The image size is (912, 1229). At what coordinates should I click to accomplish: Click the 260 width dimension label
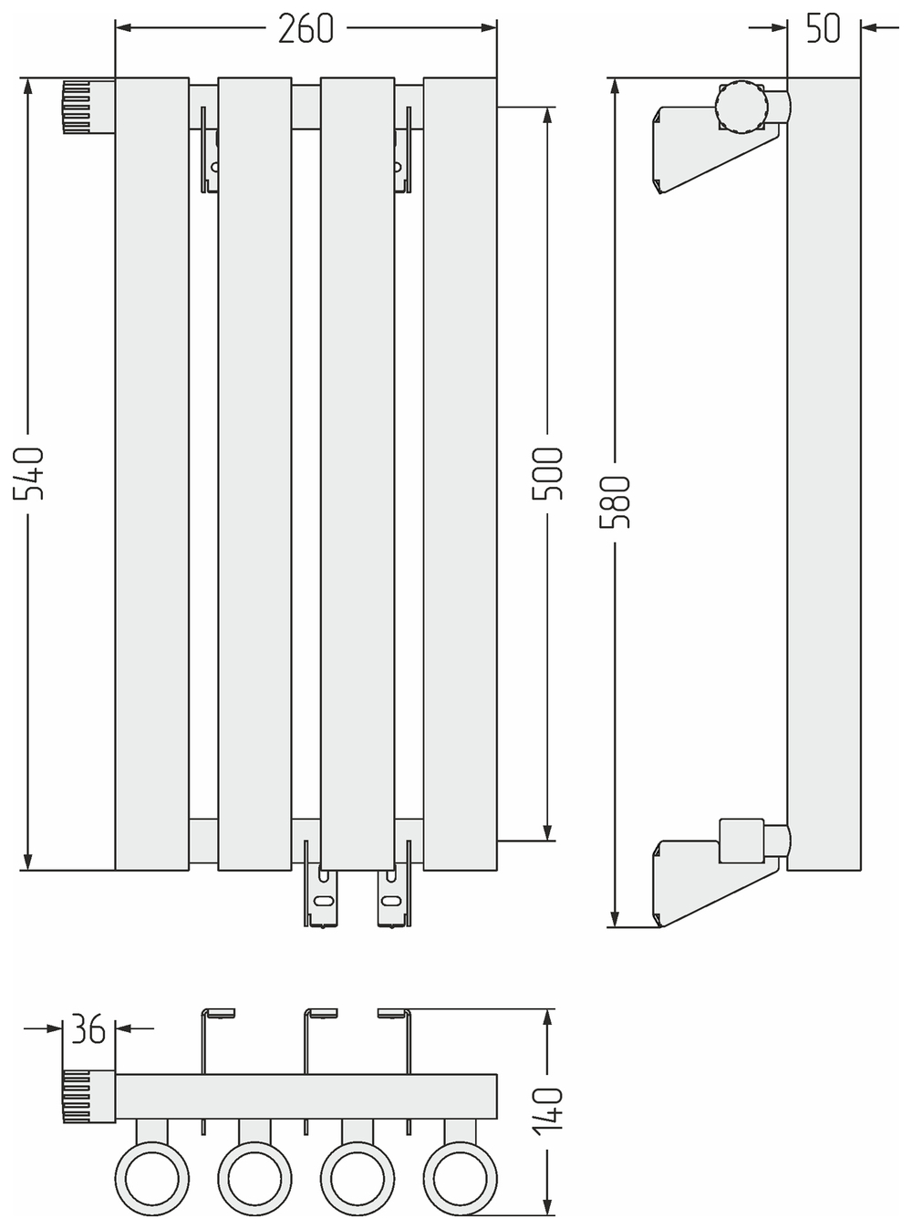(x=306, y=29)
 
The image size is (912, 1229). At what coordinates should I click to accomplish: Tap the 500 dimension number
(x=548, y=473)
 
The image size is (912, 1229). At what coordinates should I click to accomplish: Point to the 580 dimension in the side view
(x=617, y=503)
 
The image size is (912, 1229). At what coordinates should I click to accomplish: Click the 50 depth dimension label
(x=824, y=28)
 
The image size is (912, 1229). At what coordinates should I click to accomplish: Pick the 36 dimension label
(x=88, y=1030)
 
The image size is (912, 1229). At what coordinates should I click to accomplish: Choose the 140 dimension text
(x=548, y=1109)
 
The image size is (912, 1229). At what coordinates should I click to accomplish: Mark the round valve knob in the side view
(x=741, y=108)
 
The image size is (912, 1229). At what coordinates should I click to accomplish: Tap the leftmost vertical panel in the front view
(x=152, y=474)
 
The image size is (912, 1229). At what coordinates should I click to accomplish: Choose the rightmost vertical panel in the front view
(x=461, y=474)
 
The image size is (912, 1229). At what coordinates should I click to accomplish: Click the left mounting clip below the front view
(x=321, y=898)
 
